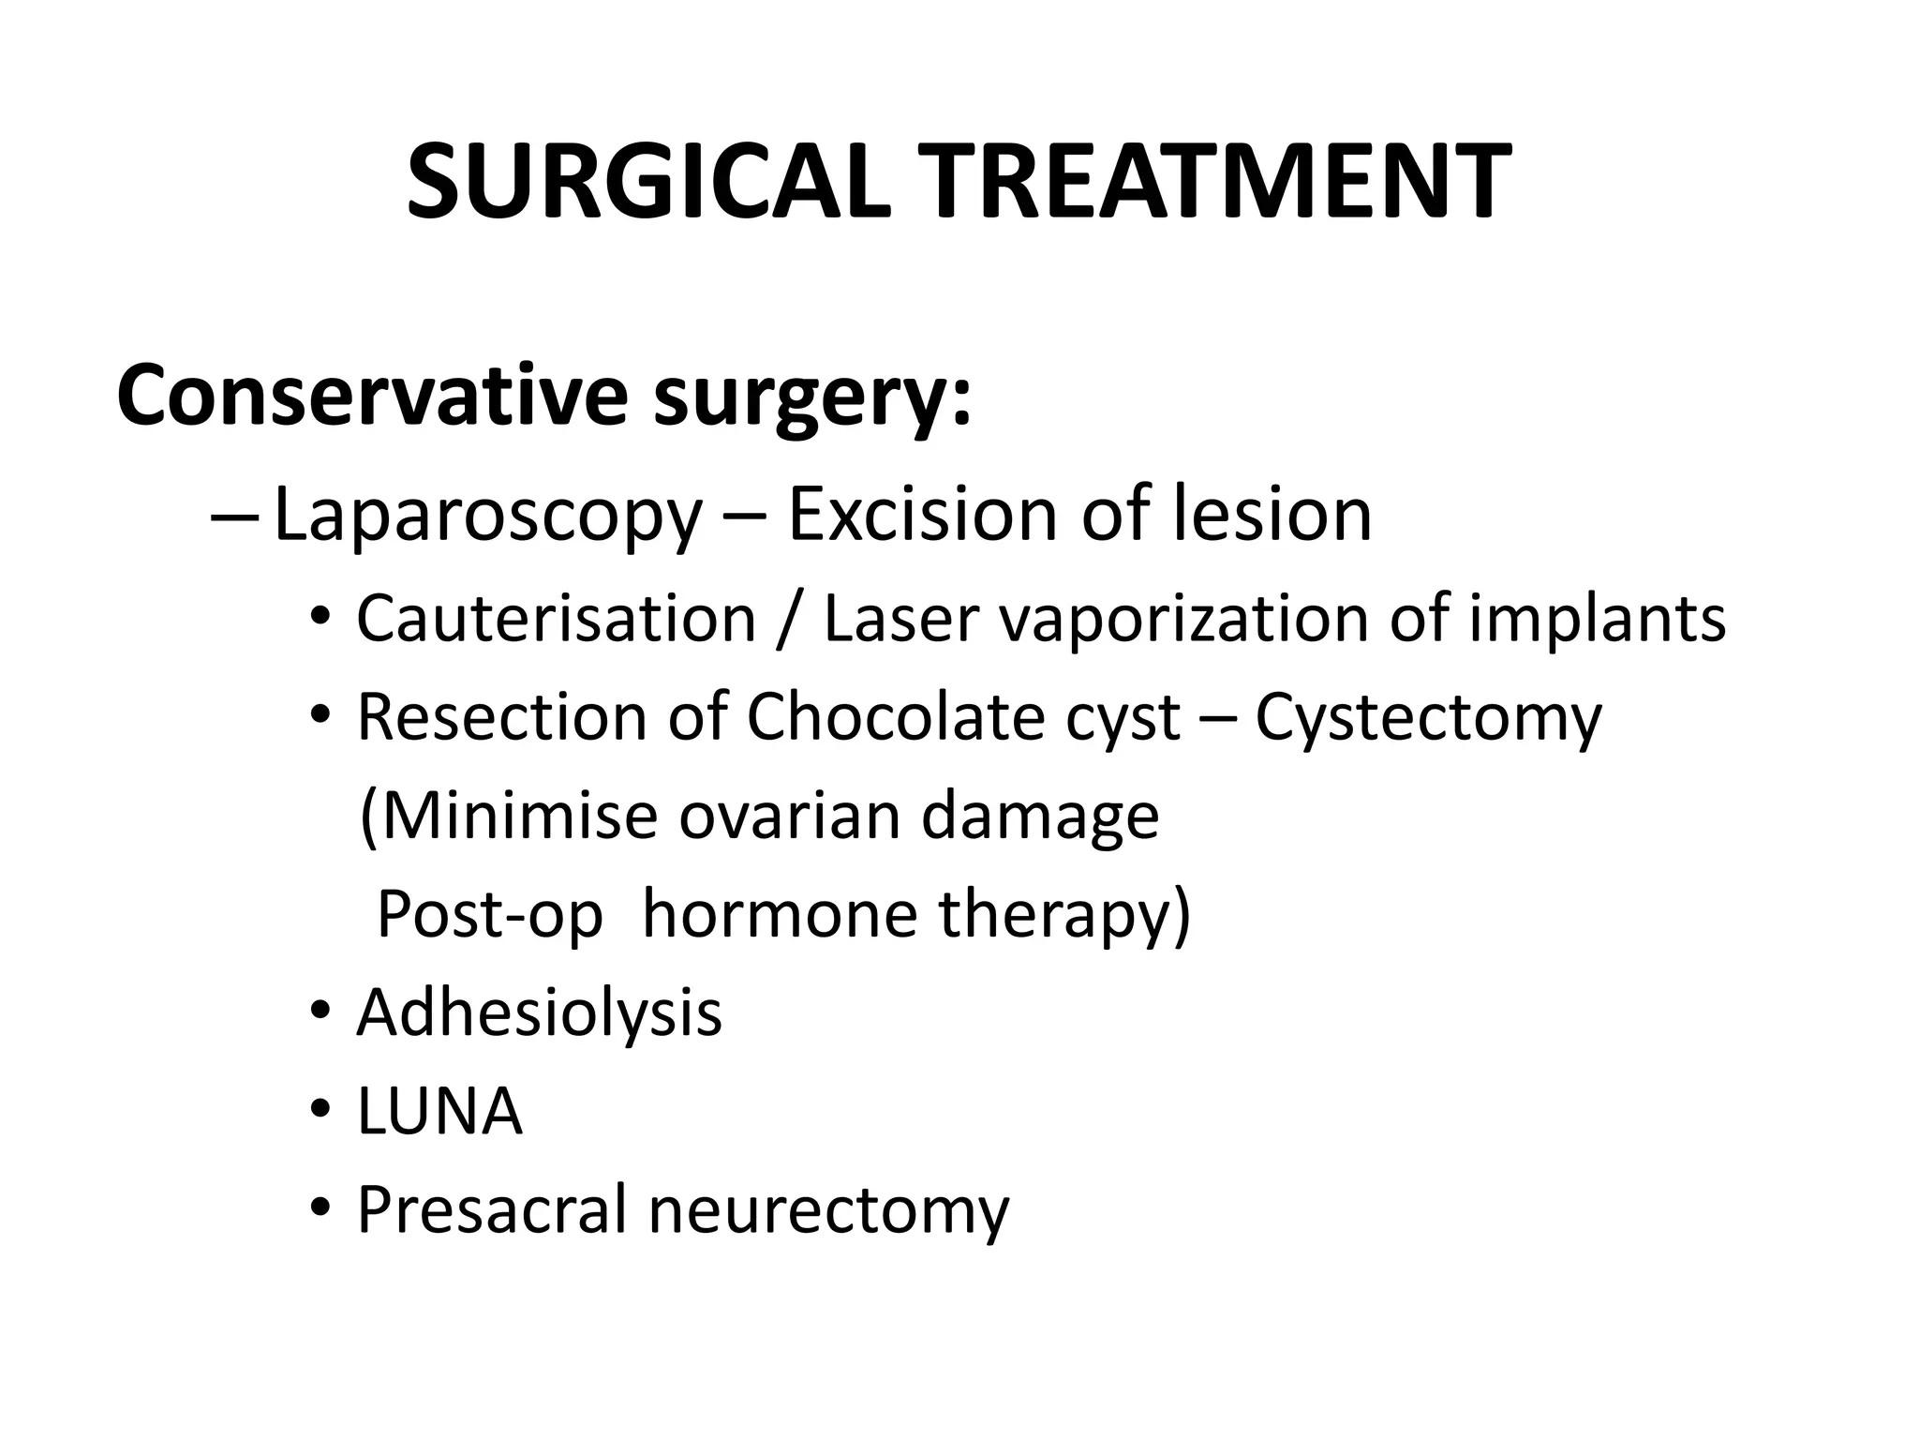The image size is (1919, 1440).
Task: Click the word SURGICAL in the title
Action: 648,183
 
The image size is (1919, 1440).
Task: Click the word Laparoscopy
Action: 487,516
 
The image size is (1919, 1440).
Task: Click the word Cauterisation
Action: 556,619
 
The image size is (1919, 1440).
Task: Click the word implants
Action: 1597,621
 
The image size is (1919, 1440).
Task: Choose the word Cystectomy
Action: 1428,719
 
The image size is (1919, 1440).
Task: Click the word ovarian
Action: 790,816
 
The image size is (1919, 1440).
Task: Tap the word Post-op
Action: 489,915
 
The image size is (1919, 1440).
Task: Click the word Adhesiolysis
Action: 539,1013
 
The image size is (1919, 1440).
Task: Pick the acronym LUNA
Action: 439,1112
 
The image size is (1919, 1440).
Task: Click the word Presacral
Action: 491,1209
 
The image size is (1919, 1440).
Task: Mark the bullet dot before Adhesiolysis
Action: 320,1012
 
